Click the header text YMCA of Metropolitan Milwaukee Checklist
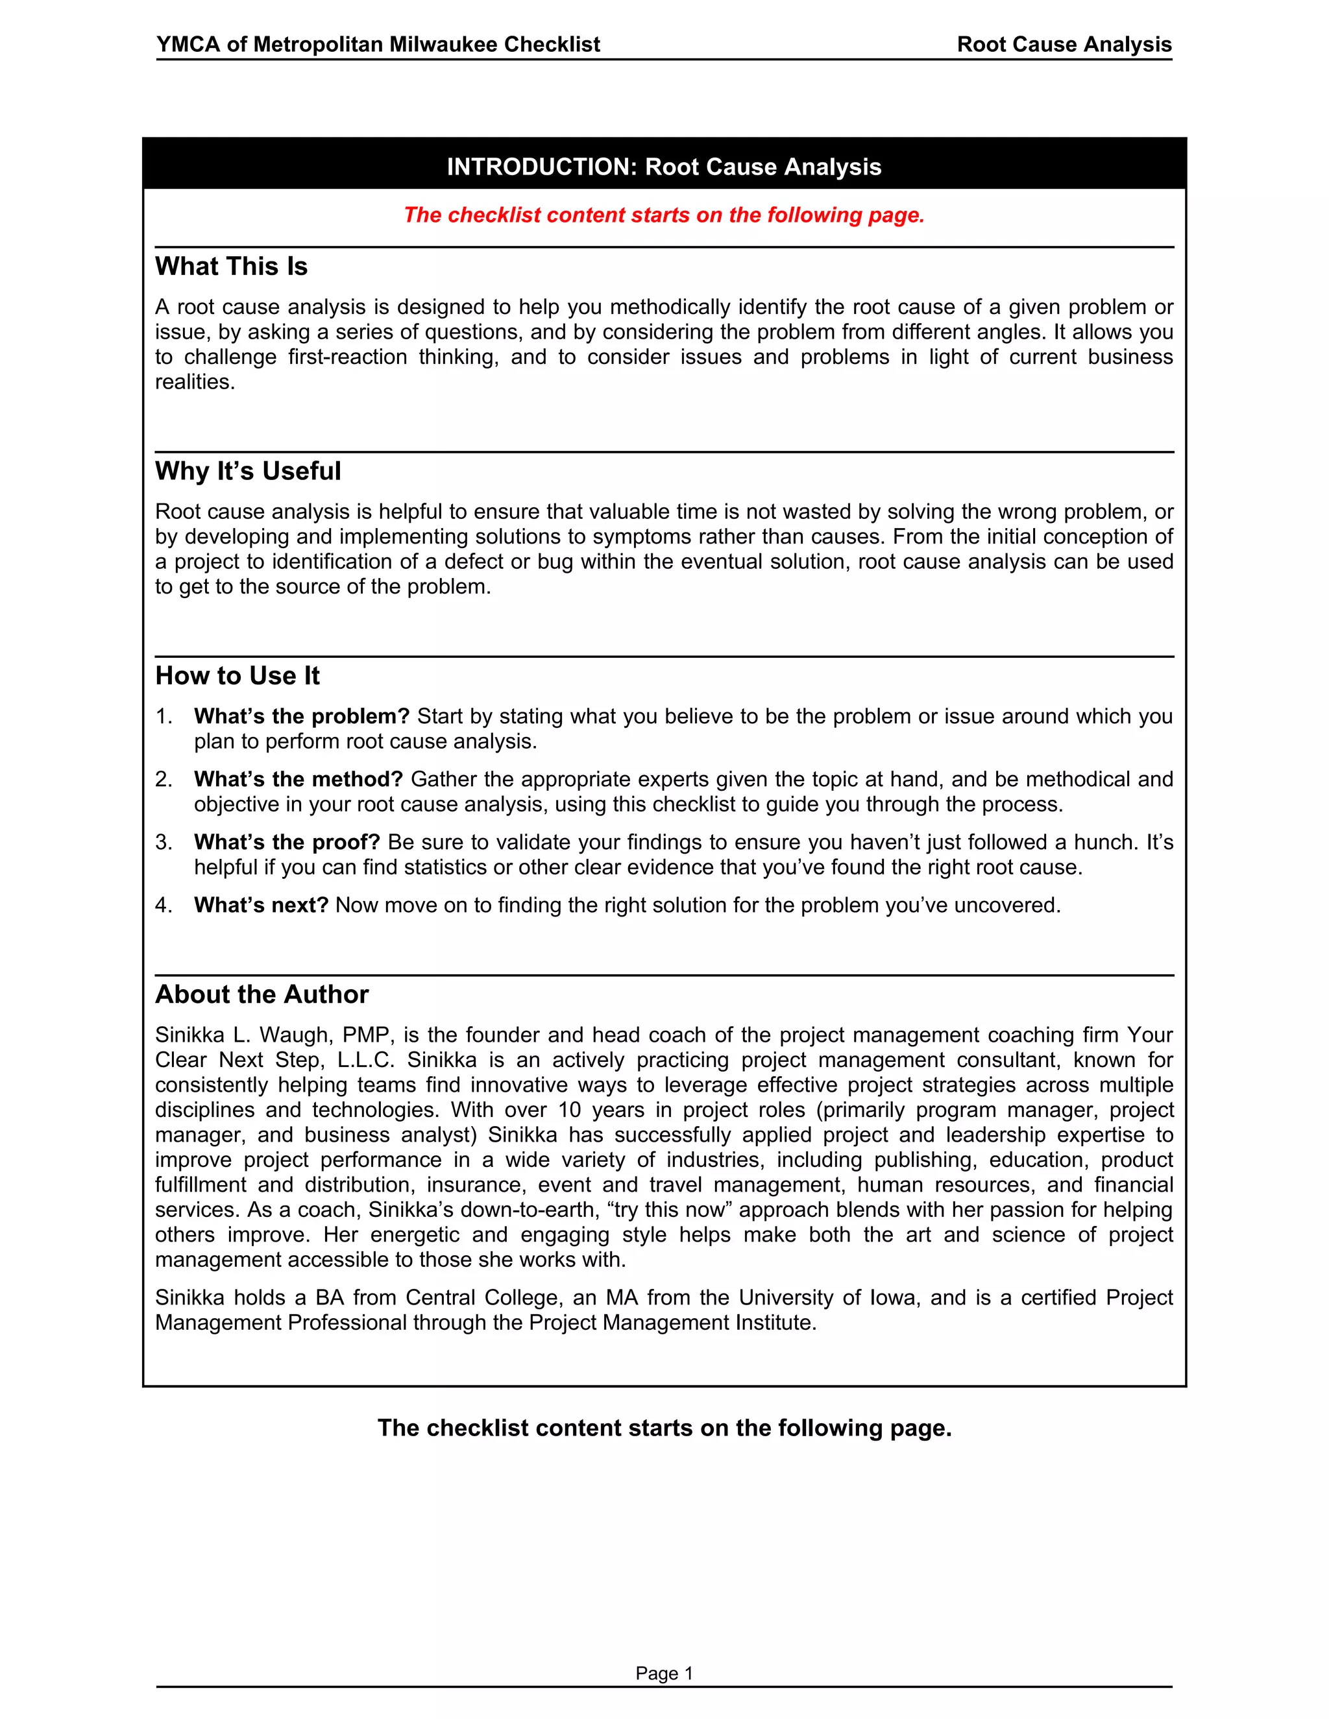[x=378, y=44]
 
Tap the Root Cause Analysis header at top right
[x=1064, y=44]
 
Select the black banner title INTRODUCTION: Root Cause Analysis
[x=664, y=167]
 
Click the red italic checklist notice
[x=664, y=215]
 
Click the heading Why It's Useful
[x=247, y=472]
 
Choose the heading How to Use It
[x=237, y=676]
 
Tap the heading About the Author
[x=262, y=995]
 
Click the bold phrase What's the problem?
[x=302, y=716]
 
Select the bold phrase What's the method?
[x=299, y=779]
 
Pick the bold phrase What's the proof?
[x=287, y=842]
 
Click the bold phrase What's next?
[x=261, y=905]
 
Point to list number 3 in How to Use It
[x=163, y=842]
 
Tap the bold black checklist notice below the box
[x=664, y=1428]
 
